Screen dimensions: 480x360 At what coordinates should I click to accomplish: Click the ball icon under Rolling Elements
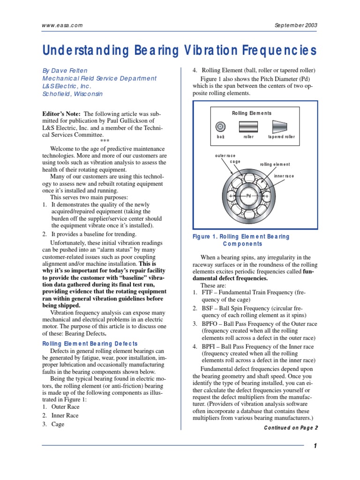[x=220, y=126]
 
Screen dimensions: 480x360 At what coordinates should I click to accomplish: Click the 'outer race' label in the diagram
[x=225, y=156]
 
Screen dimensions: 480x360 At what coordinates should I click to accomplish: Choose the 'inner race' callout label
[x=284, y=176]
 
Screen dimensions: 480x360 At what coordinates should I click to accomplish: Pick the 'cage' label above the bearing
[x=235, y=162]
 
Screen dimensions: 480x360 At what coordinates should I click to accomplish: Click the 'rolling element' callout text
[x=275, y=165]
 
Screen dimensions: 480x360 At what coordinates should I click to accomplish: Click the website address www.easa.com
[x=62, y=26]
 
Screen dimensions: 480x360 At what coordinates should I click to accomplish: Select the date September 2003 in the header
[x=294, y=26]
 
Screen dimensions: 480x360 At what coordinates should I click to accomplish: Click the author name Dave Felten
[x=72, y=70]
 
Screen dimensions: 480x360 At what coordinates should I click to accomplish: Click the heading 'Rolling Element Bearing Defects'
[x=90, y=344]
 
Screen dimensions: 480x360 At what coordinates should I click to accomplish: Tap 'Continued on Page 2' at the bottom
[x=291, y=427]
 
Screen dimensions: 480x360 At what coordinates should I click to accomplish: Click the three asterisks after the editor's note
[x=105, y=141]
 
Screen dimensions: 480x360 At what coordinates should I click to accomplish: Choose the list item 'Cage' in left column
[x=58, y=424]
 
